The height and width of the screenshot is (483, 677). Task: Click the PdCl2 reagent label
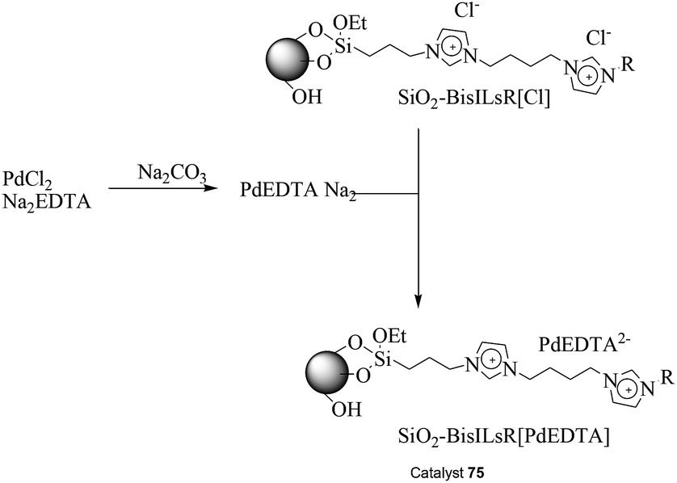click(27, 179)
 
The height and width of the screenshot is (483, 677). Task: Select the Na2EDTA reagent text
click(47, 202)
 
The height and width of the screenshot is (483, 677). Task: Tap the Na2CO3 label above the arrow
click(172, 173)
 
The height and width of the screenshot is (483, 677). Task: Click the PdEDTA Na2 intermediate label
click(298, 191)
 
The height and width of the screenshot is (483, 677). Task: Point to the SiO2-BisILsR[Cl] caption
click(474, 99)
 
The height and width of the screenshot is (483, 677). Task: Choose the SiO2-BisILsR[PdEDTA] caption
click(503, 437)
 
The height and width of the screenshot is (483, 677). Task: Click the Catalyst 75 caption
click(448, 472)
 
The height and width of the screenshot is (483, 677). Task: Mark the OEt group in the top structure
click(350, 23)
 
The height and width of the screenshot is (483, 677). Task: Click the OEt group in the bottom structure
click(389, 335)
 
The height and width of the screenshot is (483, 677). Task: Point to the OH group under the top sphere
click(307, 97)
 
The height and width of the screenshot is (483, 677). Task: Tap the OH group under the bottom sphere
click(347, 409)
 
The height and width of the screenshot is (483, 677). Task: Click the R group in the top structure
click(629, 65)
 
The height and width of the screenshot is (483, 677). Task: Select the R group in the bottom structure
click(667, 378)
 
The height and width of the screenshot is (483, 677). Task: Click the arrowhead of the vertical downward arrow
click(418, 301)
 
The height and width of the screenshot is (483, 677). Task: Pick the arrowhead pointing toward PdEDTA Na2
click(209, 189)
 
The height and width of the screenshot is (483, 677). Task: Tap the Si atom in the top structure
click(343, 47)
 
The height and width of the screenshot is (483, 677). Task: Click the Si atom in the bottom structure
click(383, 359)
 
